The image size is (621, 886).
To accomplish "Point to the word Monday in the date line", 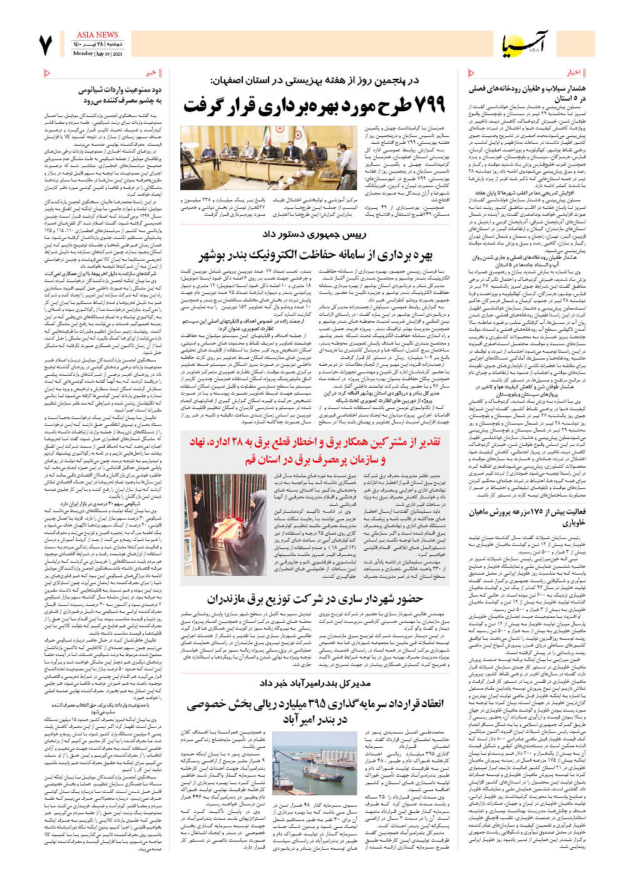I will (x=83, y=54).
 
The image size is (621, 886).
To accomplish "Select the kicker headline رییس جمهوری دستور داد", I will (x=313, y=234).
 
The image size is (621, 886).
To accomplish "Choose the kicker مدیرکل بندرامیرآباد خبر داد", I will (x=314, y=683).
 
